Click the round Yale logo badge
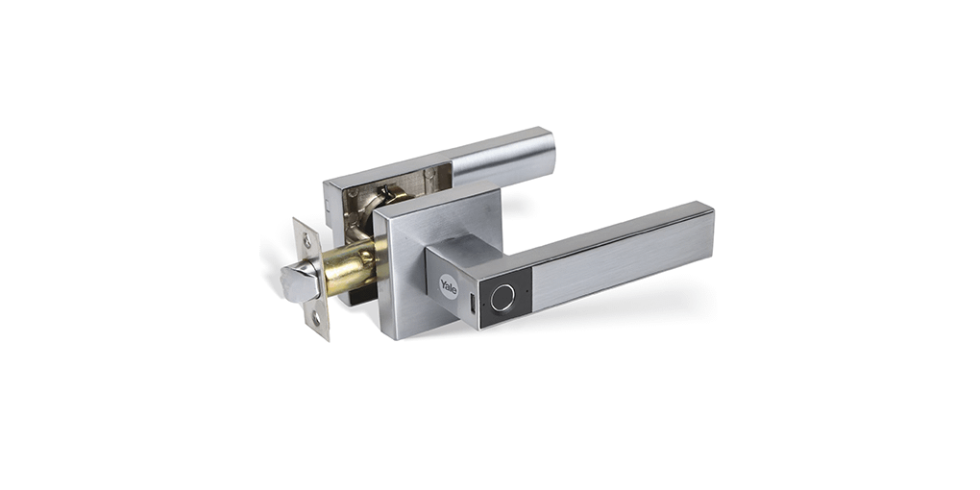[x=448, y=286]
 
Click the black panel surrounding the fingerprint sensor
[x=505, y=299]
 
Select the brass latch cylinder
[x=350, y=267]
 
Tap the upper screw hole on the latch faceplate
[x=306, y=237]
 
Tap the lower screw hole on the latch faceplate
[x=316, y=318]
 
